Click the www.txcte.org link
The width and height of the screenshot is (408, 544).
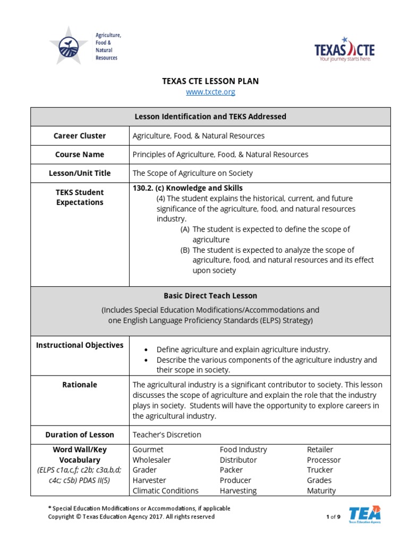click(210, 92)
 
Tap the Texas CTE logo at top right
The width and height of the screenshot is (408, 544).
click(344, 50)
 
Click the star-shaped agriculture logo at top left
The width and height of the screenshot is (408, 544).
click(68, 46)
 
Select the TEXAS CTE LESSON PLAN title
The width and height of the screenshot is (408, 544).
click(210, 81)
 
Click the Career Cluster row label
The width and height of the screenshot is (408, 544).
click(80, 136)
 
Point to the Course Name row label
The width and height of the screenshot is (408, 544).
click(80, 155)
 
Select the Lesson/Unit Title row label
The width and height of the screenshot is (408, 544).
click(80, 173)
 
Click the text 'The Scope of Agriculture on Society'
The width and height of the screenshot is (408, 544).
click(192, 173)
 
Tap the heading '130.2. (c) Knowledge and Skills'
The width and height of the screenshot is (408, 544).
click(188, 188)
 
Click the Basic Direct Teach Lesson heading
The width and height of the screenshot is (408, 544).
click(210, 295)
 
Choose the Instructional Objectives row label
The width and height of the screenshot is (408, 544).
click(80, 345)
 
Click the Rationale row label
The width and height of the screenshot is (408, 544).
click(80, 385)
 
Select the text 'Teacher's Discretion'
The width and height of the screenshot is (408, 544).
click(167, 435)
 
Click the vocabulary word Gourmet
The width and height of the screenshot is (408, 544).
click(148, 449)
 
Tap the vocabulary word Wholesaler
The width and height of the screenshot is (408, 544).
click(152, 460)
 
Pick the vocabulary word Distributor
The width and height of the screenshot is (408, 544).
click(238, 460)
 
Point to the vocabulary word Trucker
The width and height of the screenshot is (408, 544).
click(320, 470)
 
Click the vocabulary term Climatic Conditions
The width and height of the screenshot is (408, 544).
click(165, 491)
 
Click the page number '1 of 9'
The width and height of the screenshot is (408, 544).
click(333, 517)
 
